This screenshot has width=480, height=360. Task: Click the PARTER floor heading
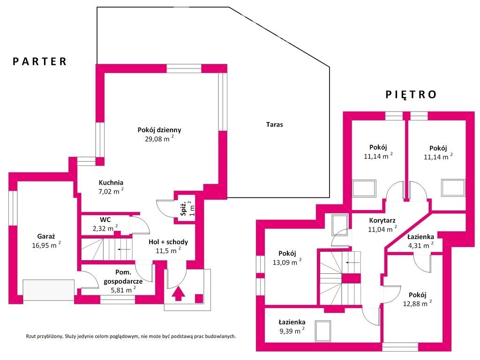point(39,61)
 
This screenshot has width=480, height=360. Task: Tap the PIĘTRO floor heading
point(411,95)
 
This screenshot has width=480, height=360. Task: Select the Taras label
point(275,125)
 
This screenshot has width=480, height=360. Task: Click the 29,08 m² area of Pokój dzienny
point(159,139)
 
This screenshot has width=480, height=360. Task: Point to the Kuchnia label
point(111,183)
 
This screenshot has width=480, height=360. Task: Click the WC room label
point(105,220)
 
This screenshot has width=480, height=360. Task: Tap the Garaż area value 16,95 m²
point(46,245)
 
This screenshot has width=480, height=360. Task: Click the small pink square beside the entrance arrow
point(199,299)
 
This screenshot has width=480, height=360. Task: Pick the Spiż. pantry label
point(183,209)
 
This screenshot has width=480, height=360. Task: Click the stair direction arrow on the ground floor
point(124,249)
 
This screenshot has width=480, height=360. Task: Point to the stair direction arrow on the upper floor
point(352,262)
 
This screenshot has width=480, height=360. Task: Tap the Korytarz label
point(382,220)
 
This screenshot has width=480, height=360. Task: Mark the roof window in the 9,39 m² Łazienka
point(323,331)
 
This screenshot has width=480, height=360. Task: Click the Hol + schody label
point(168,242)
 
